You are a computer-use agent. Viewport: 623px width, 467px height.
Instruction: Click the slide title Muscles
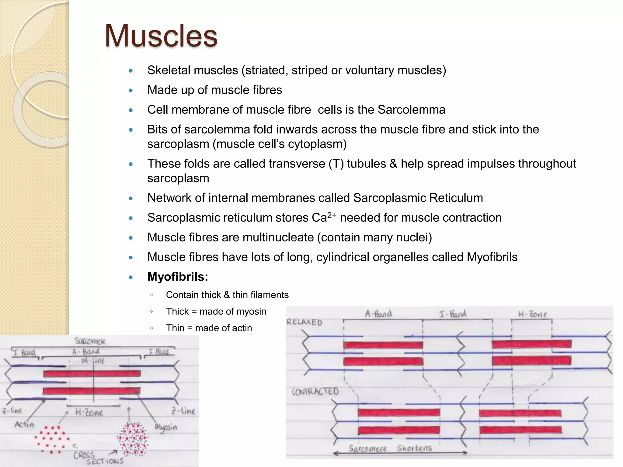(x=161, y=36)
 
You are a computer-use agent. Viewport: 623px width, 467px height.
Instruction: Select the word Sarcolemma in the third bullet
(x=411, y=110)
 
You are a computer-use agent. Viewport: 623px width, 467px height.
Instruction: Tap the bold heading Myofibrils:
(x=178, y=277)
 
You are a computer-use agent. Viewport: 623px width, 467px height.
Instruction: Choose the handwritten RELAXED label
(x=304, y=322)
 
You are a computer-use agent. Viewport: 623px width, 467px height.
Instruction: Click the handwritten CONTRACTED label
(x=315, y=391)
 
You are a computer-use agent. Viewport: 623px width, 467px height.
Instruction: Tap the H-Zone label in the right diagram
(x=532, y=314)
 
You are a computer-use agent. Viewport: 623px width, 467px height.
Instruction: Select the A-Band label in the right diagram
(x=378, y=313)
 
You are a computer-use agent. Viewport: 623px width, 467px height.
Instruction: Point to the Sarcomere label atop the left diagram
(x=90, y=341)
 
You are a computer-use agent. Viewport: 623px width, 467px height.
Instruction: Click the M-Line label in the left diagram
(x=93, y=361)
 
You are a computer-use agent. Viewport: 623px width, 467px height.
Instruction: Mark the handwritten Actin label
(x=24, y=424)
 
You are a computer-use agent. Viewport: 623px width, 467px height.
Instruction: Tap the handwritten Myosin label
(x=166, y=427)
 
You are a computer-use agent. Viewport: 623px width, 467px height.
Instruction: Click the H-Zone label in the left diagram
(x=89, y=413)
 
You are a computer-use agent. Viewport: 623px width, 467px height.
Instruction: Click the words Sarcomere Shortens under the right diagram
(x=390, y=448)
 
